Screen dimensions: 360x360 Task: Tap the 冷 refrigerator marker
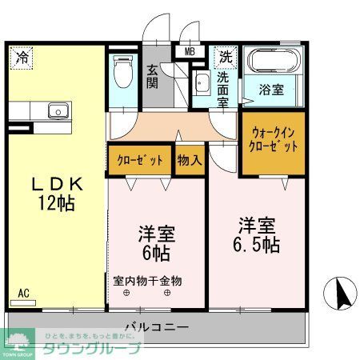pyautogui.click(x=23, y=58)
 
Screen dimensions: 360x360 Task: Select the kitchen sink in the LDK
pyautogui.click(x=54, y=110)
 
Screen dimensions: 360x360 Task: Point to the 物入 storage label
pyautogui.click(x=189, y=160)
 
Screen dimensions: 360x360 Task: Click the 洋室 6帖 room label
pyautogui.click(x=156, y=245)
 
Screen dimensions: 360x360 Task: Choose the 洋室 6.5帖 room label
pyautogui.click(x=257, y=232)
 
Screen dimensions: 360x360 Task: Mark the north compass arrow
pyautogui.click(x=342, y=294)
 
